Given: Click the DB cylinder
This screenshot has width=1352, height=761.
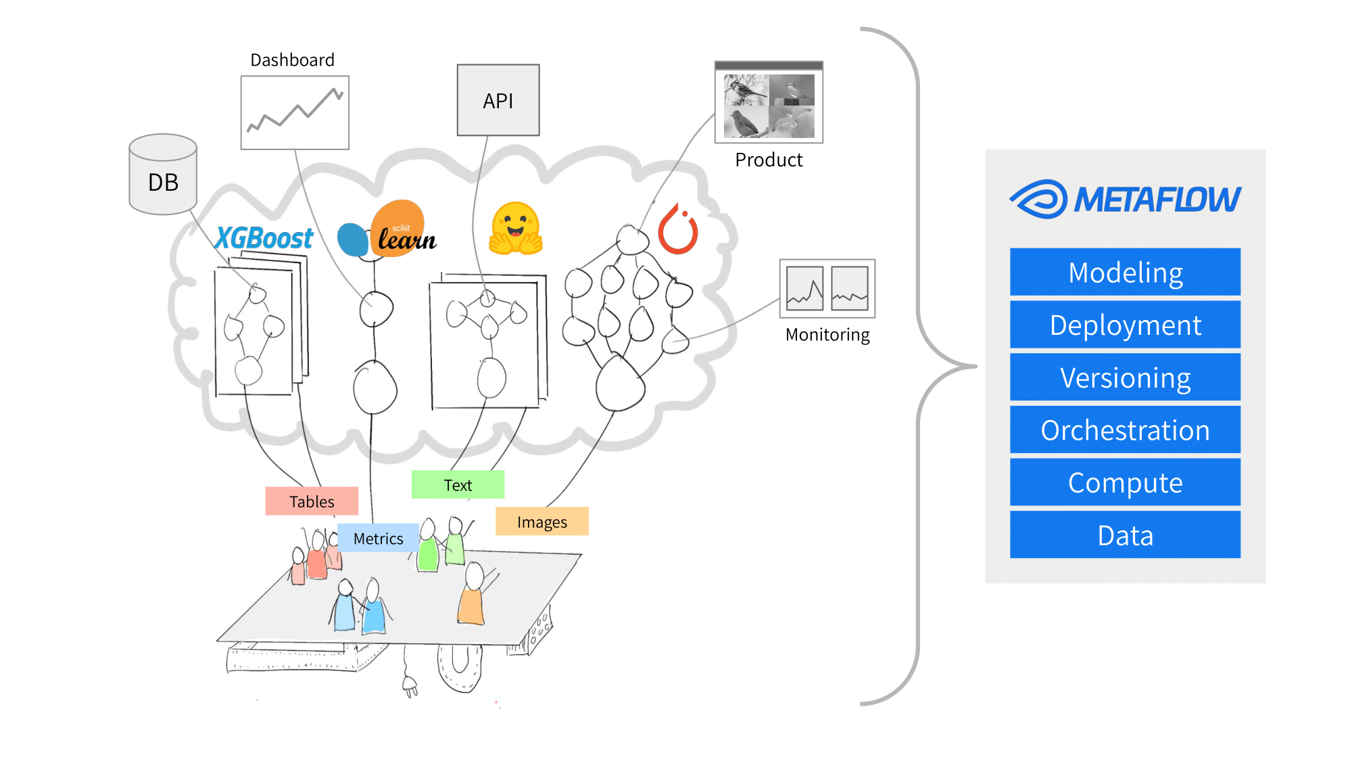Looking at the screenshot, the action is [x=163, y=175].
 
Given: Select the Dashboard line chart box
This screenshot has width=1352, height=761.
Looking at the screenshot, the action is [x=295, y=112].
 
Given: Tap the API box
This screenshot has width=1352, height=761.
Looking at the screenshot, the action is [x=498, y=100].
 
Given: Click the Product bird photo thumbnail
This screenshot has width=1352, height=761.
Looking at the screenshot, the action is [x=769, y=102].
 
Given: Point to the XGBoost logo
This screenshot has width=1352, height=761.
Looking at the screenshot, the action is [x=264, y=238].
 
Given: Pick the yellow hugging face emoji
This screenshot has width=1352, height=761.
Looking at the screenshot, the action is [x=515, y=229].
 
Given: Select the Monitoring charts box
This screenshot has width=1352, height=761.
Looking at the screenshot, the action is [x=827, y=288].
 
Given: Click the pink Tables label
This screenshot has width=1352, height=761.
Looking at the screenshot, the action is [x=312, y=501].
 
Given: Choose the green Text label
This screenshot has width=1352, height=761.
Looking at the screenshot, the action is [x=458, y=485].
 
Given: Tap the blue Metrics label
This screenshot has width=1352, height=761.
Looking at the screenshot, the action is [x=378, y=538].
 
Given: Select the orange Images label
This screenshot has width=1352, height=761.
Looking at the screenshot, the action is [x=542, y=522].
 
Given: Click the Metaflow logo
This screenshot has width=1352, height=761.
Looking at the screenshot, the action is [x=1125, y=199].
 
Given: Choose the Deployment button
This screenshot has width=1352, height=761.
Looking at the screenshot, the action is [x=1126, y=325].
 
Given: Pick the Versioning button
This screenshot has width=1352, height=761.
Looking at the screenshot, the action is [x=1126, y=377].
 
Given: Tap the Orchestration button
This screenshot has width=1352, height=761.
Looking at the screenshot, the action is [x=1126, y=430].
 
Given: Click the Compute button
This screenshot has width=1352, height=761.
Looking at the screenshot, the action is [x=1126, y=482].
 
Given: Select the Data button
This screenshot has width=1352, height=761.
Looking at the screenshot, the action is [x=1126, y=535].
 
